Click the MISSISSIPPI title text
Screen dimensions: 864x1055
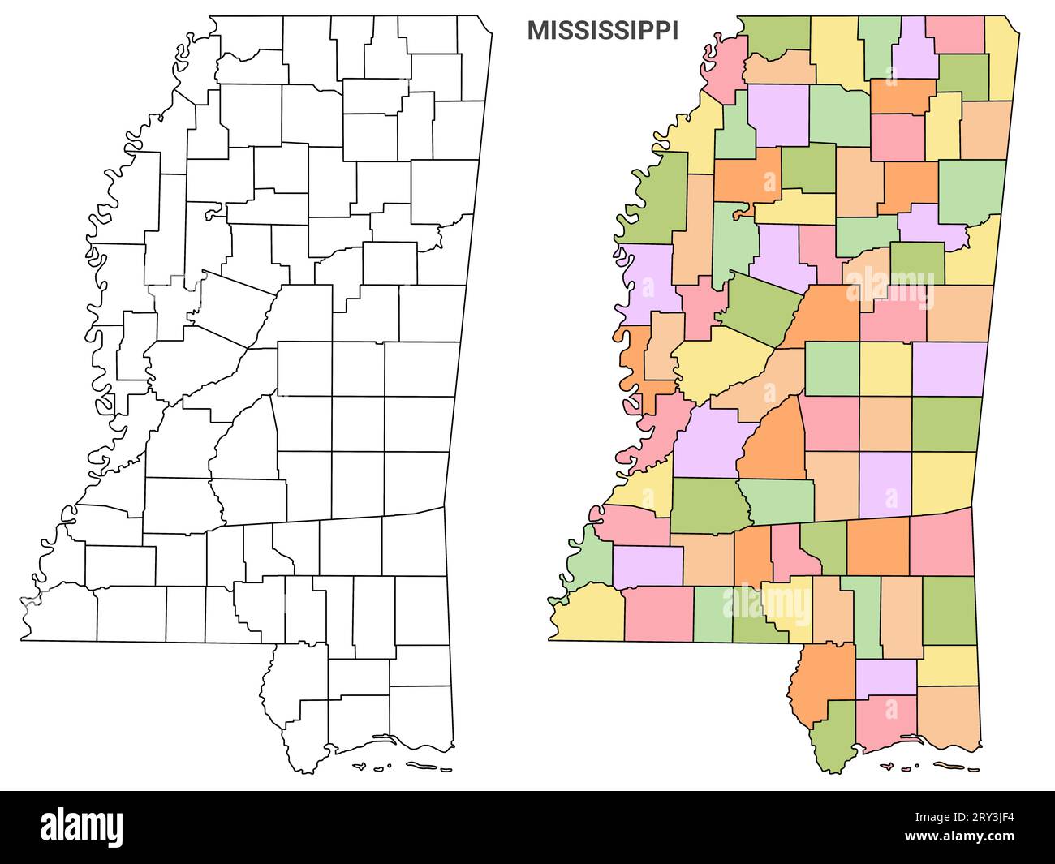[x=603, y=31]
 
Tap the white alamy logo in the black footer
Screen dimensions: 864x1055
[x=82, y=827]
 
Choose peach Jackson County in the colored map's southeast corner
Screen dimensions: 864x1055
[x=949, y=718]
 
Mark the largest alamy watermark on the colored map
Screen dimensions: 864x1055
[x=889, y=290]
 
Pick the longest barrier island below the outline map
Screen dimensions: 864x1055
[x=428, y=767]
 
